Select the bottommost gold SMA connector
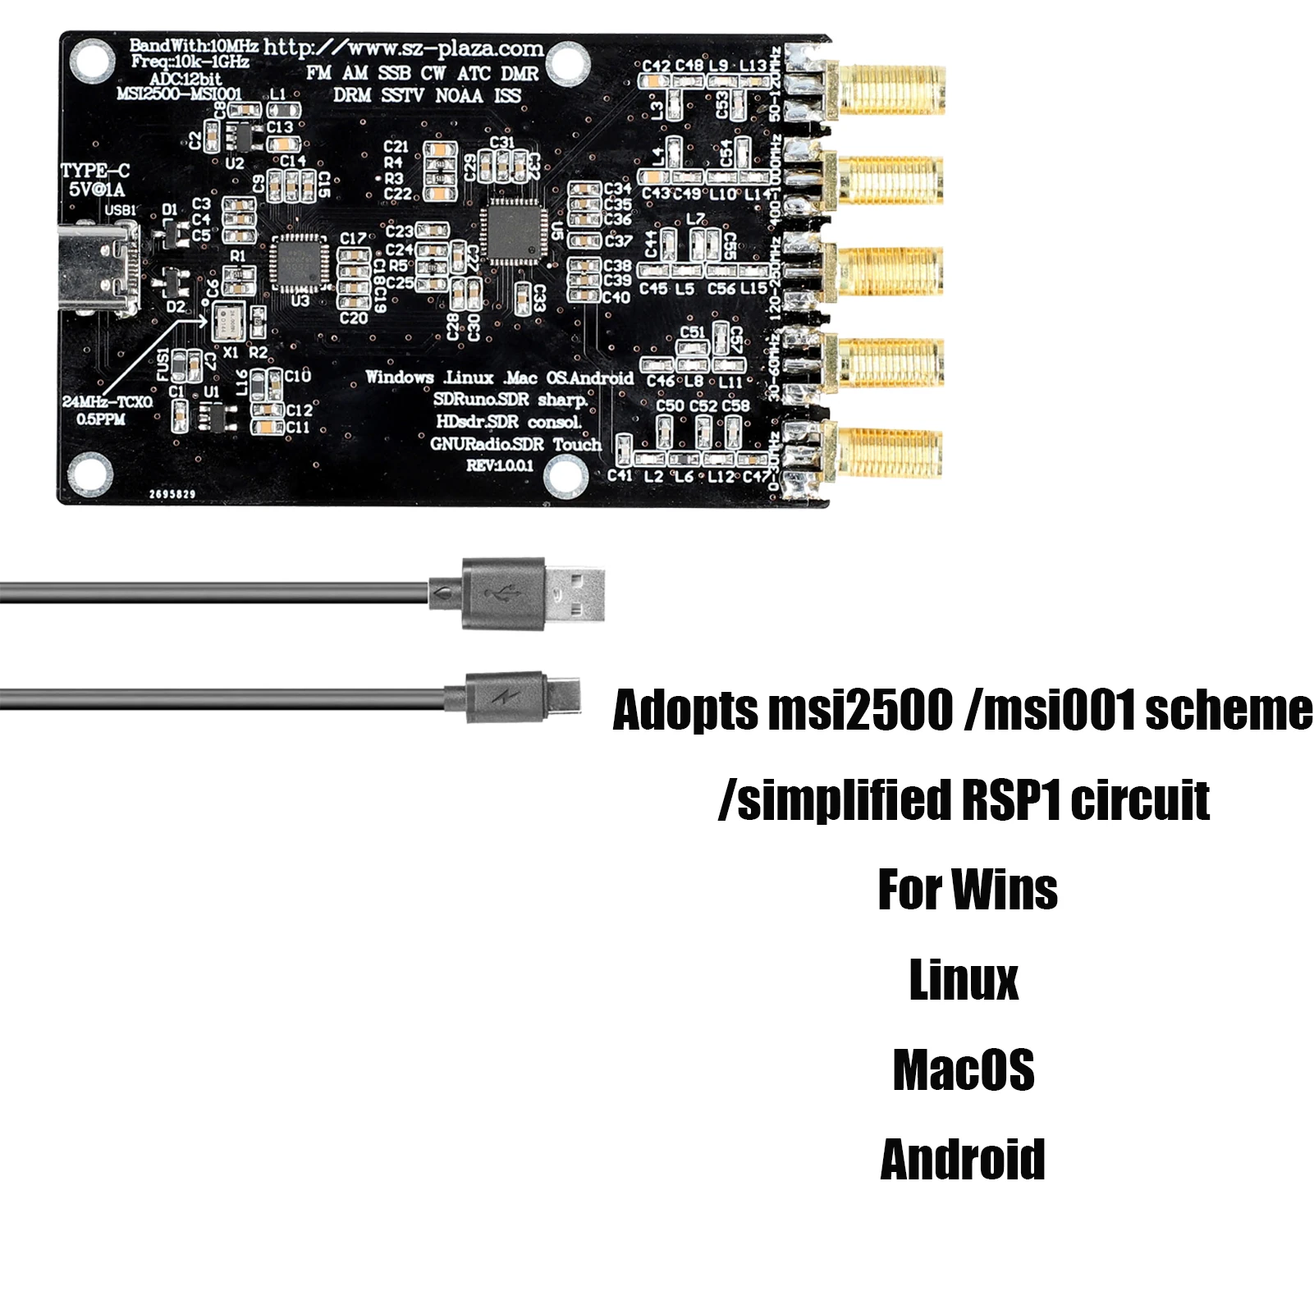pyautogui.click(x=890, y=452)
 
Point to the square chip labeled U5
pyautogui.click(x=514, y=231)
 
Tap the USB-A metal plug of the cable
pyautogui.click(x=575, y=593)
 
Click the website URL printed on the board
pyautogui.click(x=403, y=48)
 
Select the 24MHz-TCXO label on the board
pyautogui.click(x=107, y=402)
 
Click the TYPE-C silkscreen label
pyautogui.click(x=95, y=171)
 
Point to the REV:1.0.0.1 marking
pyautogui.click(x=500, y=465)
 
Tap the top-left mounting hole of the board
pyautogui.click(x=91, y=60)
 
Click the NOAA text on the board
pyautogui.click(x=459, y=96)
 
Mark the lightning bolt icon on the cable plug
pyautogui.click(x=501, y=698)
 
